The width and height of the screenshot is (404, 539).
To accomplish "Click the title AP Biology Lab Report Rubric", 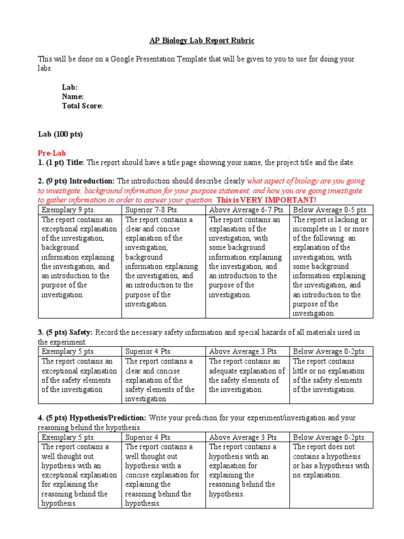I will (202, 40).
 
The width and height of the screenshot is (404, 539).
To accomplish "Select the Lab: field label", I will (69, 87).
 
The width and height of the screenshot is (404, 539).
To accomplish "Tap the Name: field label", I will (73, 96).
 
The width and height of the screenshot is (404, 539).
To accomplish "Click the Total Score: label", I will (82, 106).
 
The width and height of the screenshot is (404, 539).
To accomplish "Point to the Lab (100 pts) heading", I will (60, 134).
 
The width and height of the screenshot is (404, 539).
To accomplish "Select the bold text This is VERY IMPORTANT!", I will (267, 200).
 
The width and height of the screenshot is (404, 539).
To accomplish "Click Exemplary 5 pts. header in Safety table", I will (66, 352).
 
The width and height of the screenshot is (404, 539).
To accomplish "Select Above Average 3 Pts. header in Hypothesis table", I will (243, 437).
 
